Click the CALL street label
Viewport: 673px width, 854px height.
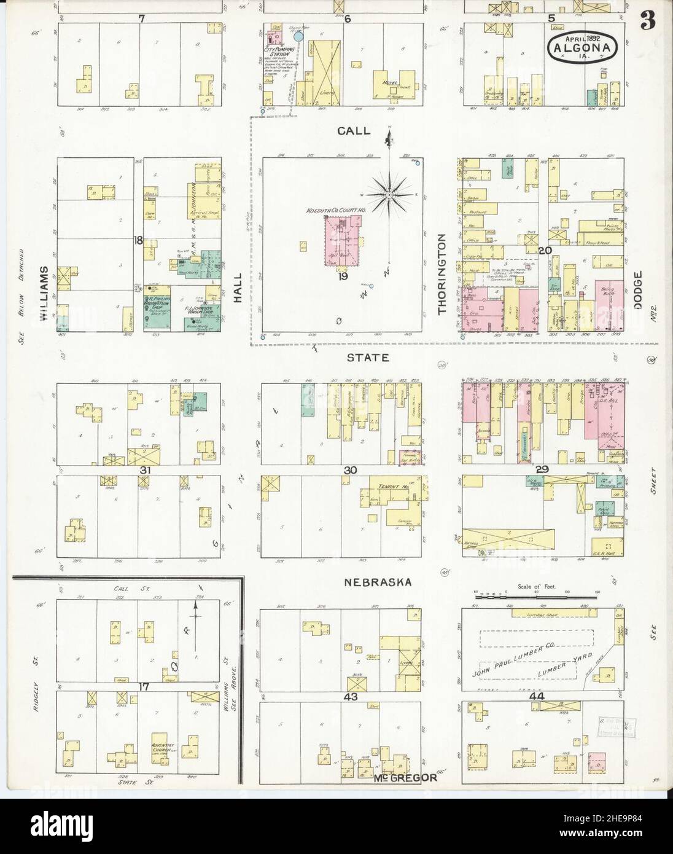354,131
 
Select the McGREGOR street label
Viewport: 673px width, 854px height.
405,777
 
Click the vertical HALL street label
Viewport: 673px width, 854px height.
238,289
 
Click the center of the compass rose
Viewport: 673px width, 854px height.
389,195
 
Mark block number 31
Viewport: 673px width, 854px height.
145,471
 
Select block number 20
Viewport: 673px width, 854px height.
543,250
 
